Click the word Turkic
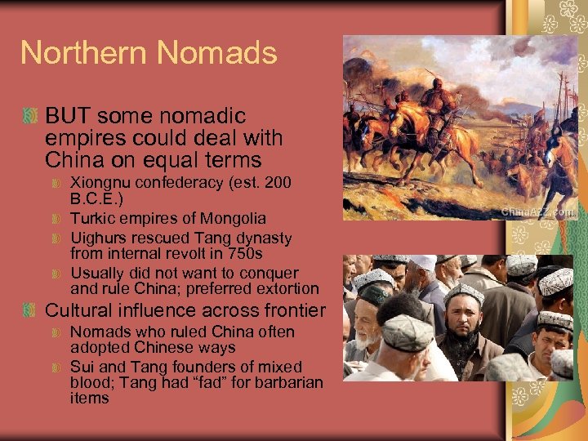91,218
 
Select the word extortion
287,288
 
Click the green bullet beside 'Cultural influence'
30,311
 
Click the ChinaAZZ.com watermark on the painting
537,211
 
